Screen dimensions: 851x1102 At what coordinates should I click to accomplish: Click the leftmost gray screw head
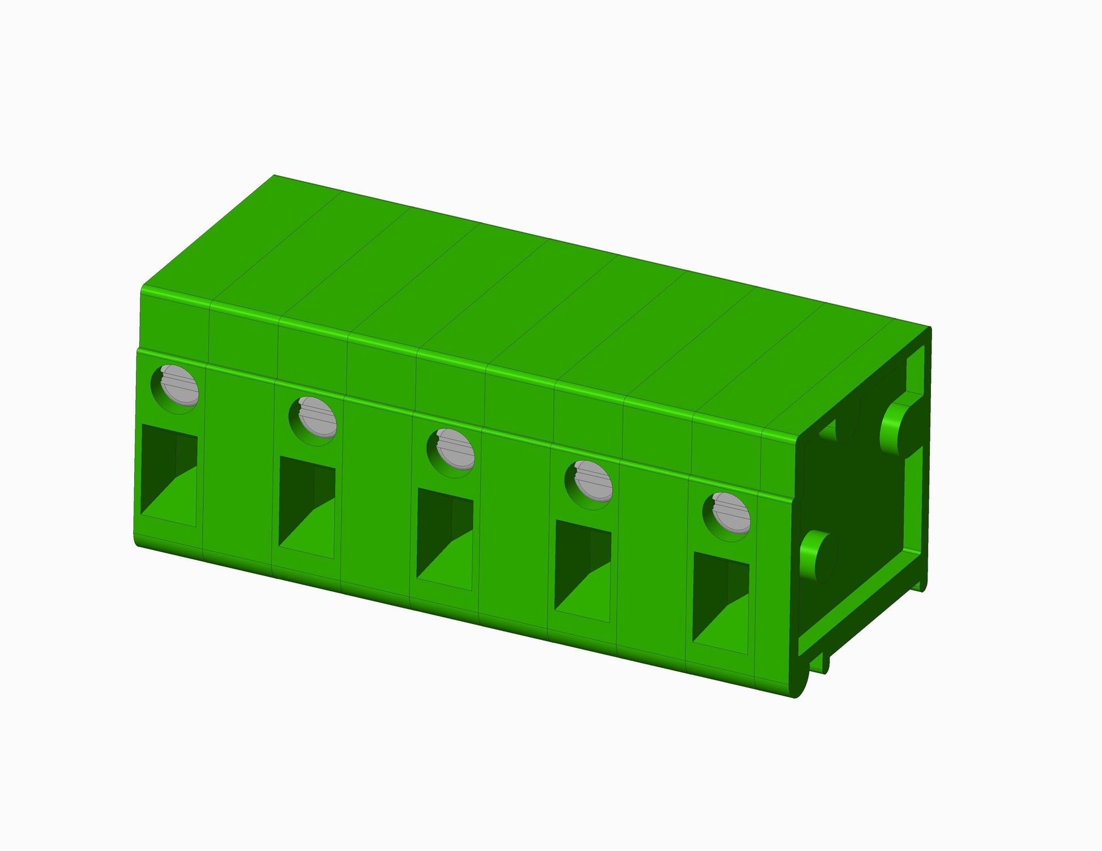[x=179, y=386]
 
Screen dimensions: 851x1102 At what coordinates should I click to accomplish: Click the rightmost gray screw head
[x=731, y=513]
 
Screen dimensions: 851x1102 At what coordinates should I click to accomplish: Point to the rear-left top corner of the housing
[x=275, y=176]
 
